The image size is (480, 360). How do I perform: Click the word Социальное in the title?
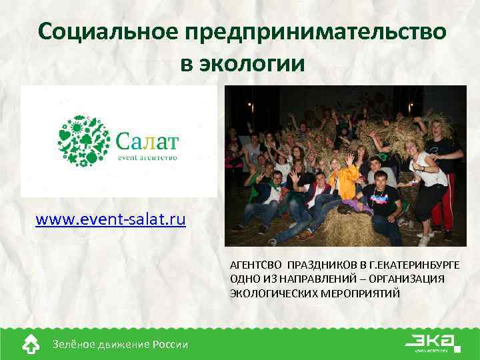(111, 31)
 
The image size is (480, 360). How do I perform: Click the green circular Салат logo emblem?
(83, 140)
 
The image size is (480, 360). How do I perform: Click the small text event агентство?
(147, 157)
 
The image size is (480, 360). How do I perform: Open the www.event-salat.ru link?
(111, 219)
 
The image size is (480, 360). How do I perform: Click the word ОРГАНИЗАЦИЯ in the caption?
(409, 279)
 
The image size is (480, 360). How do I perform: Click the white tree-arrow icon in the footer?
(31, 344)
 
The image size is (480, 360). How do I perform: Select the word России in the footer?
(170, 344)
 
